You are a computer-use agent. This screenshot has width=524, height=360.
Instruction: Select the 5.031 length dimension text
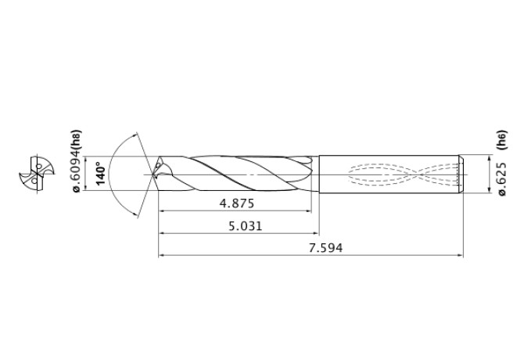(239, 225)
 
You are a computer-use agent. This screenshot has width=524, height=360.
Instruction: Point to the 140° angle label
(99, 174)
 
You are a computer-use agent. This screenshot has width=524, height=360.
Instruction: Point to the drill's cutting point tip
(156, 171)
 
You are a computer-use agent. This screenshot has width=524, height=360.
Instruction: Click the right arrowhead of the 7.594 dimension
(460, 255)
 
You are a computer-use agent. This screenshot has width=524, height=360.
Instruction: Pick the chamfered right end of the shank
(461, 173)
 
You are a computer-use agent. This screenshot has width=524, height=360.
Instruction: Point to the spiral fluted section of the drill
(235, 172)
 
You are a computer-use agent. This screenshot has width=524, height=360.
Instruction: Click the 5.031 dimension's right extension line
(319, 211)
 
